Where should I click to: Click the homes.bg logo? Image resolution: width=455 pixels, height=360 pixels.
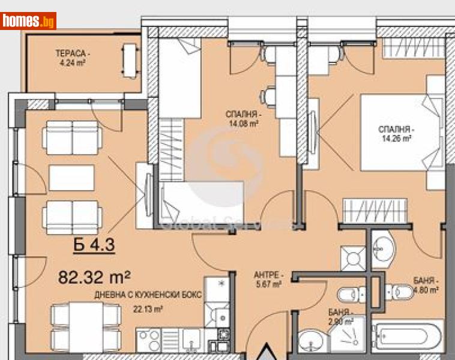pyautogui.click(x=29, y=21)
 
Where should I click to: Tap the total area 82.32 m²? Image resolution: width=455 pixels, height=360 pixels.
pyautogui.click(x=94, y=277)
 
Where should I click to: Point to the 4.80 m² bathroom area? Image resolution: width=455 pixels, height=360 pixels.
pyautogui.click(x=426, y=289)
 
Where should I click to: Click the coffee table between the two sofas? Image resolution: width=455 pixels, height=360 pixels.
pyautogui.click(x=71, y=178)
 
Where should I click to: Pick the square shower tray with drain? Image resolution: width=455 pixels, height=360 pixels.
pyautogui.click(x=352, y=257)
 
